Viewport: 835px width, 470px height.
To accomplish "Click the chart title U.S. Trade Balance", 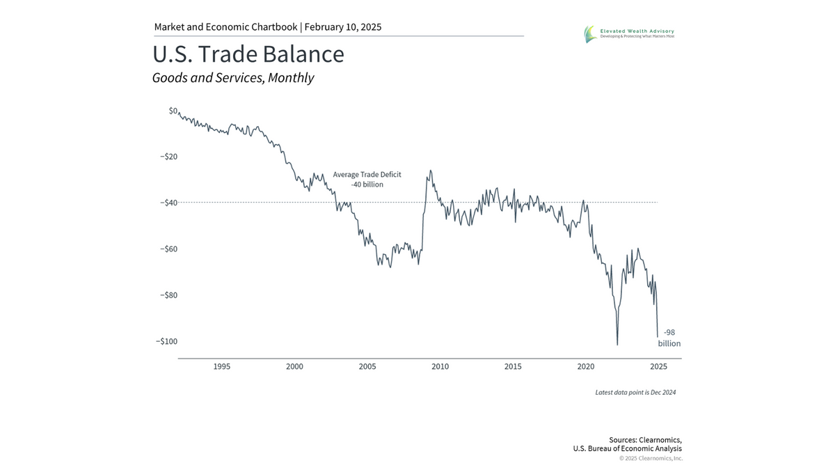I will coord(248,54).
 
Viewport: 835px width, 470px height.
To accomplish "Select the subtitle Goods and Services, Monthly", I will coord(233,78).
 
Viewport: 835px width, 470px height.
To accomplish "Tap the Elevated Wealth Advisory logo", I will coord(628,33).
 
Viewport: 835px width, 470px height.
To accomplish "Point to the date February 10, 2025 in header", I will coord(342,27).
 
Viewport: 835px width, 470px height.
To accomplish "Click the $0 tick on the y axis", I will coord(173,111).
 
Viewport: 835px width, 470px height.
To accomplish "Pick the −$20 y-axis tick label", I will coord(168,157).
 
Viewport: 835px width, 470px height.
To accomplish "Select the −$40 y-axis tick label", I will coord(168,203).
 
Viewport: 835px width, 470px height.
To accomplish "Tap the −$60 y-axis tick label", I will coord(168,249).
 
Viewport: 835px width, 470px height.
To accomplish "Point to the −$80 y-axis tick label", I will coord(168,295).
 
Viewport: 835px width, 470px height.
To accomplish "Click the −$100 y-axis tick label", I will coord(166,341).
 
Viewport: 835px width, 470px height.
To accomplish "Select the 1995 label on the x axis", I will coord(222,366).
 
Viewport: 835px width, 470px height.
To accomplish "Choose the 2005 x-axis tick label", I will coord(367,366).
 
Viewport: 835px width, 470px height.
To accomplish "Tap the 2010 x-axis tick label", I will coord(440,366).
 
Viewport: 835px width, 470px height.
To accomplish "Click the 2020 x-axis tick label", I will coord(586,366).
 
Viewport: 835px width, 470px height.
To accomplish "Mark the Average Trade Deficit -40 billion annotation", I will coord(367,180).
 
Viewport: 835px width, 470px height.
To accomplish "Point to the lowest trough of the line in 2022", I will coord(617,344).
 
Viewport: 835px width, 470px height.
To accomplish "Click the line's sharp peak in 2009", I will coord(430,171).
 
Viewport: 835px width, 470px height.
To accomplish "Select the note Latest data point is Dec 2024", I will coord(635,393).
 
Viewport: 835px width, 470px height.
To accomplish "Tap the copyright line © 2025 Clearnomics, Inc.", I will coord(651,458).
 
